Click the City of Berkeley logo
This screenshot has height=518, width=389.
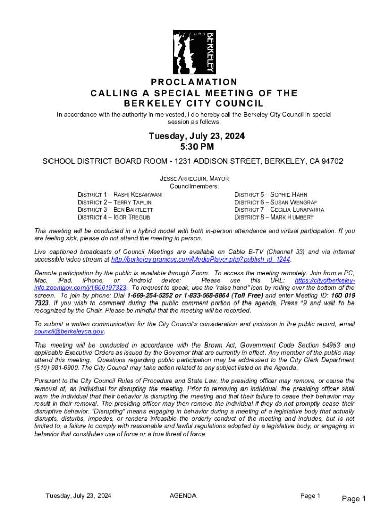pos(194,52)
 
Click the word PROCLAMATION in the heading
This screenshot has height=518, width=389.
pos(194,82)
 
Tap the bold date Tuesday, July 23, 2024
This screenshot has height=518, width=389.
pos(197,136)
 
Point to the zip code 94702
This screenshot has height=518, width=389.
pos(332,162)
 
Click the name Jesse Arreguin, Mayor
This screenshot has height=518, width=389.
pos(194,179)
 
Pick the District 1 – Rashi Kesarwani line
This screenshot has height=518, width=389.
pos(120,194)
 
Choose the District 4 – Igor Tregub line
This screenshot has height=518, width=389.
pos(113,217)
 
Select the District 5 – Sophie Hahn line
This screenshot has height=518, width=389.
pos(271,194)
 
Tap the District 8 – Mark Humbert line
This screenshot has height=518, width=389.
pos(274,217)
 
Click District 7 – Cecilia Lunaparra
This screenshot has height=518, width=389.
pos(279,209)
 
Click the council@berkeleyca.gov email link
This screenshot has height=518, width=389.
pos(69,331)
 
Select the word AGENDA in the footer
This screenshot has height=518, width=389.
pos(183,496)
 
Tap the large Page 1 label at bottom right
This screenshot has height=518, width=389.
pos(354,499)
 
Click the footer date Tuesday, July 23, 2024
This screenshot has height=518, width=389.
pos(78,496)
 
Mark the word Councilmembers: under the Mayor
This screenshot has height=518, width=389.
pos(194,186)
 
